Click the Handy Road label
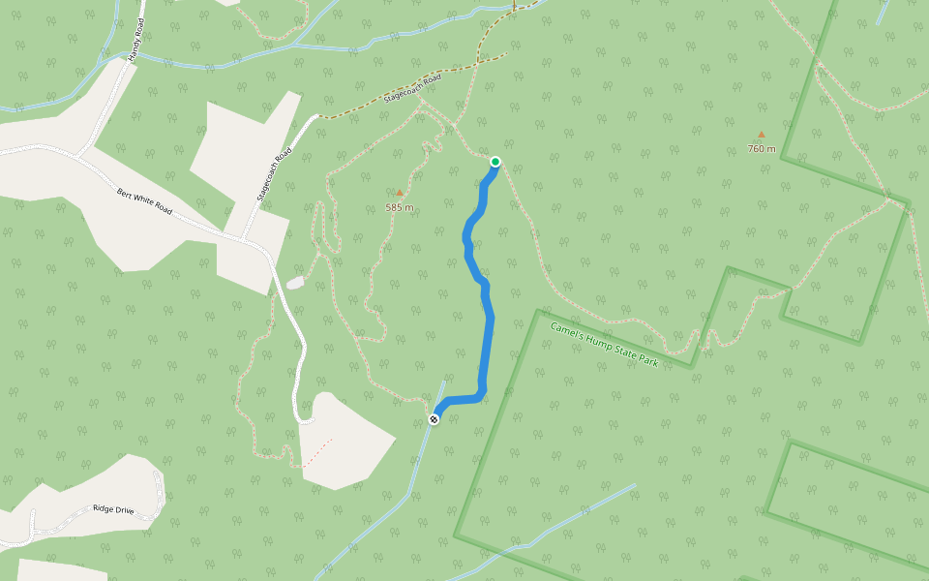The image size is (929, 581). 135,43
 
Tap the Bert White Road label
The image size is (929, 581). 144,200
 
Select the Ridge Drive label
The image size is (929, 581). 111,508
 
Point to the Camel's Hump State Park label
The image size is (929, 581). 604,345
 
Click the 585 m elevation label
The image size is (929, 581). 399,207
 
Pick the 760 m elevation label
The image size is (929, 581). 762,149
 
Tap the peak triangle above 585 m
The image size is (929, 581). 399,193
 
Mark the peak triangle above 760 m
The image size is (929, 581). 762,135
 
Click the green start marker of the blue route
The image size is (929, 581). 495,162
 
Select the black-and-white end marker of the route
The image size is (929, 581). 434,419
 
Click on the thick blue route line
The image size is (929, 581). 489,329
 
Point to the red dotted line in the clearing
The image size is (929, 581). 318,452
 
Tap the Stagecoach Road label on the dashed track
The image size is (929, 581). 412,88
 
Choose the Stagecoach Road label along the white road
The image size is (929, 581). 275,174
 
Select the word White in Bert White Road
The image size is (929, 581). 143,199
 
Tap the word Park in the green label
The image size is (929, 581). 647,361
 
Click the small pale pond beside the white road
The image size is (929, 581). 295,283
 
